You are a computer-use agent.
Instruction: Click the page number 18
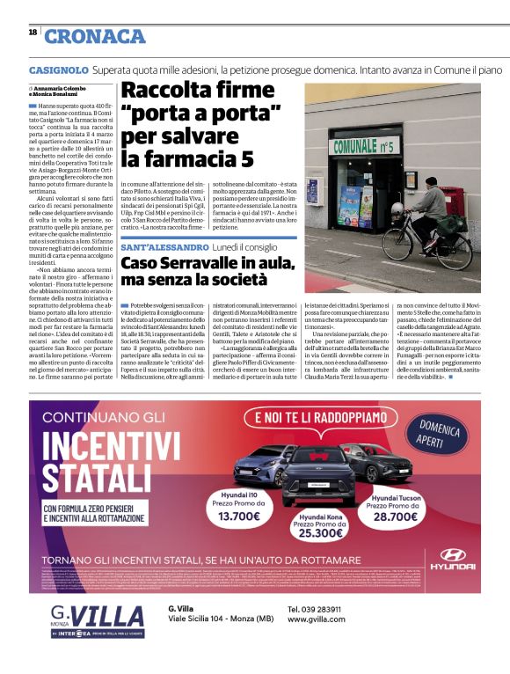coord(33,33)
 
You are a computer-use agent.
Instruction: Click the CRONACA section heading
coord(94,36)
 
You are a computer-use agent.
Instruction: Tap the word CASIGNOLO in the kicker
coord(57,69)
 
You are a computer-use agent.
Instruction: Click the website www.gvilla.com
coord(316,620)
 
